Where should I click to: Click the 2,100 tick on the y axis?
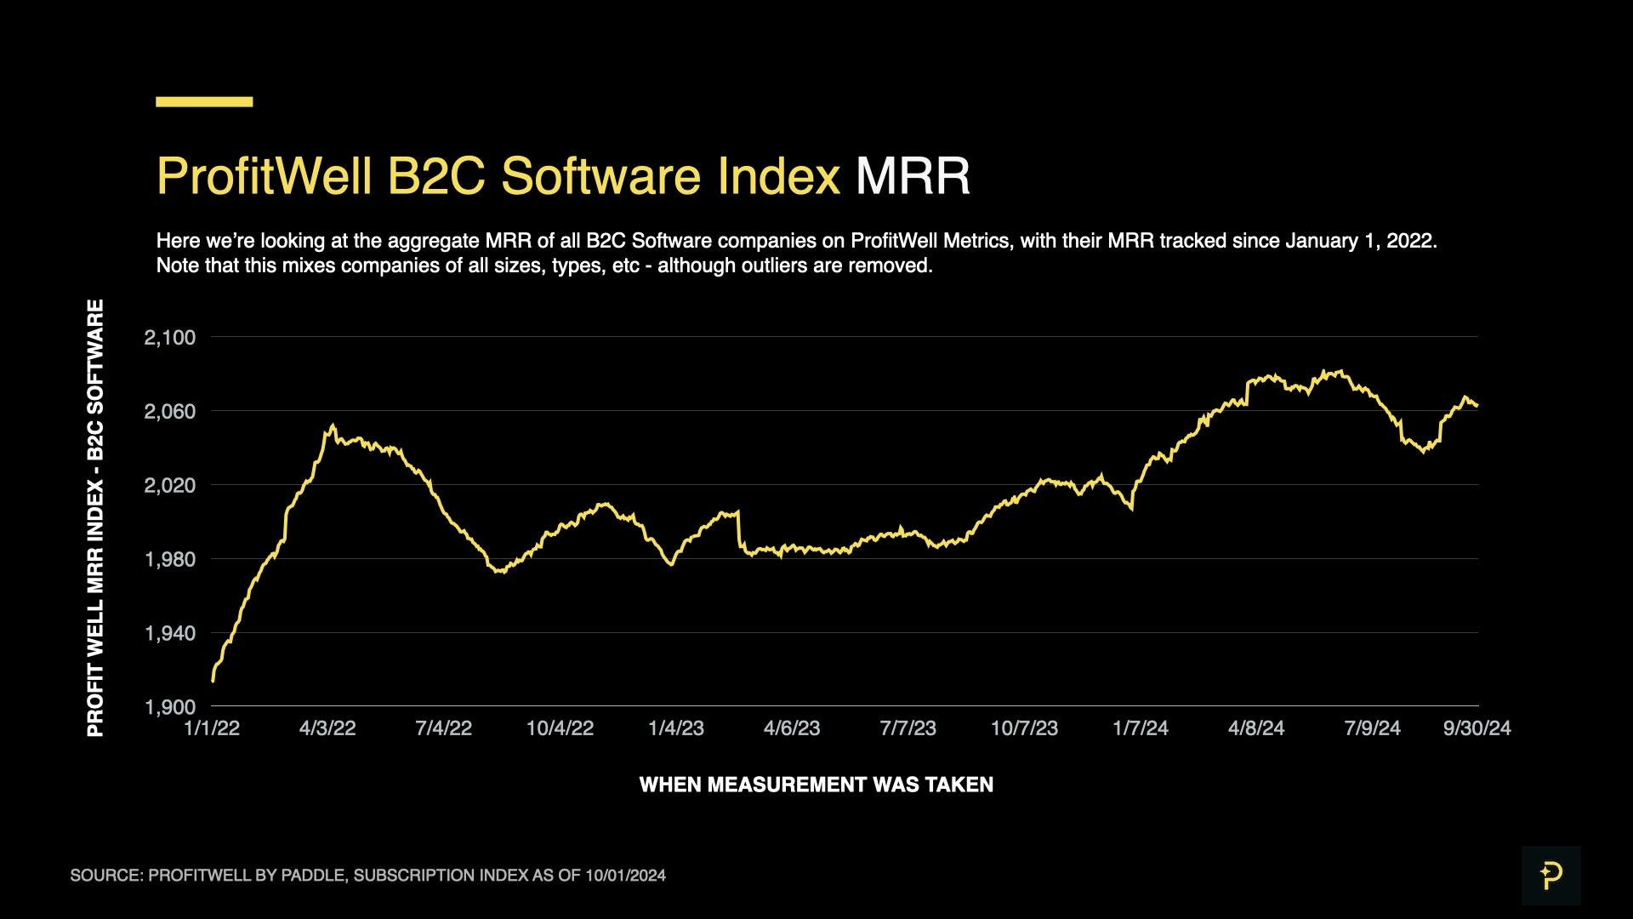point(170,338)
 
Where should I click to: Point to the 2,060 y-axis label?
point(170,412)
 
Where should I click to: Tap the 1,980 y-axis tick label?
point(170,560)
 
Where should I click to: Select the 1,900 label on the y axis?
point(170,707)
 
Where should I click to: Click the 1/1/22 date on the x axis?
point(212,728)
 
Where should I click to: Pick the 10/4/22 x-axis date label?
point(560,728)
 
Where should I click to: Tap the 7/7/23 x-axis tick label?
point(908,728)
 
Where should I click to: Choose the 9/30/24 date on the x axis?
point(1477,728)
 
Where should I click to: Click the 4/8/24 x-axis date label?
point(1256,728)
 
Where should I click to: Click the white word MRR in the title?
point(913,176)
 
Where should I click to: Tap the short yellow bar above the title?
point(204,102)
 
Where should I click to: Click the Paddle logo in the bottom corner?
point(1550,876)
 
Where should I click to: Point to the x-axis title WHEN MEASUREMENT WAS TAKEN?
point(816,785)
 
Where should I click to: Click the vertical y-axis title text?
point(95,517)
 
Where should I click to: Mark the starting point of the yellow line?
point(213,681)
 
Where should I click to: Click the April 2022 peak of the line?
point(333,426)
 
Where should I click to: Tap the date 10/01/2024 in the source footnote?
point(625,876)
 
